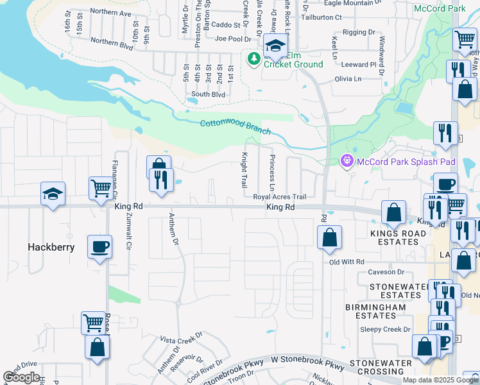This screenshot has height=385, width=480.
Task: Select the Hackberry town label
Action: pyautogui.click(x=51, y=247)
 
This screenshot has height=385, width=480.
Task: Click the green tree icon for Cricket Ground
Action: pyautogui.click(x=254, y=59)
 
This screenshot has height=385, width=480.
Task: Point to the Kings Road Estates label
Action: pyautogui.click(x=394, y=237)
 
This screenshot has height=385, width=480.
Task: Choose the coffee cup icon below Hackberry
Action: pyautogui.click(x=99, y=246)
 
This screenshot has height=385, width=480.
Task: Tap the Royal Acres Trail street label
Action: pyautogui.click(x=280, y=197)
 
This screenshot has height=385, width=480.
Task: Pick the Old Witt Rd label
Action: pyautogui.click(x=347, y=262)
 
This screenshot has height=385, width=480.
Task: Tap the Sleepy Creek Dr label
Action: pyautogui.click(x=385, y=329)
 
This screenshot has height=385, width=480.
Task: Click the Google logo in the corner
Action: pyautogui.click(x=21, y=377)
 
